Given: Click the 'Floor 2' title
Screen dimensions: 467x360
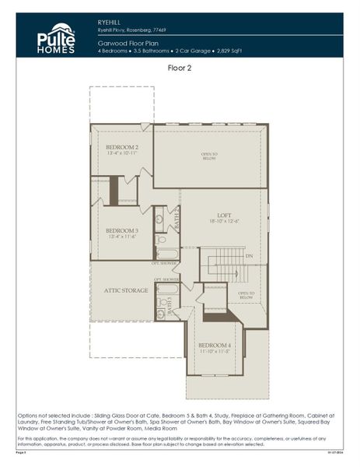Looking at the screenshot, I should click(180, 68).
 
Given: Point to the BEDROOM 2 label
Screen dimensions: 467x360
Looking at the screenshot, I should click(121, 147).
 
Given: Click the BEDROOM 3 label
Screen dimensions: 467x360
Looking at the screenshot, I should click(121, 230).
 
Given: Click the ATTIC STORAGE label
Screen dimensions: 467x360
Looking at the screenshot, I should click(126, 290).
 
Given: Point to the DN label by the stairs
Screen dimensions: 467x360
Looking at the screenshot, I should click(250, 255).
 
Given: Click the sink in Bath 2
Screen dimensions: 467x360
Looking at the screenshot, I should click(159, 219).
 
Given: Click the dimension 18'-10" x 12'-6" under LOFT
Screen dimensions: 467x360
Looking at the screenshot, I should click(224, 222).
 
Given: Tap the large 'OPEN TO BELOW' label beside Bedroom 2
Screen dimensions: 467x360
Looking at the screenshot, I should click(209, 155).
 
